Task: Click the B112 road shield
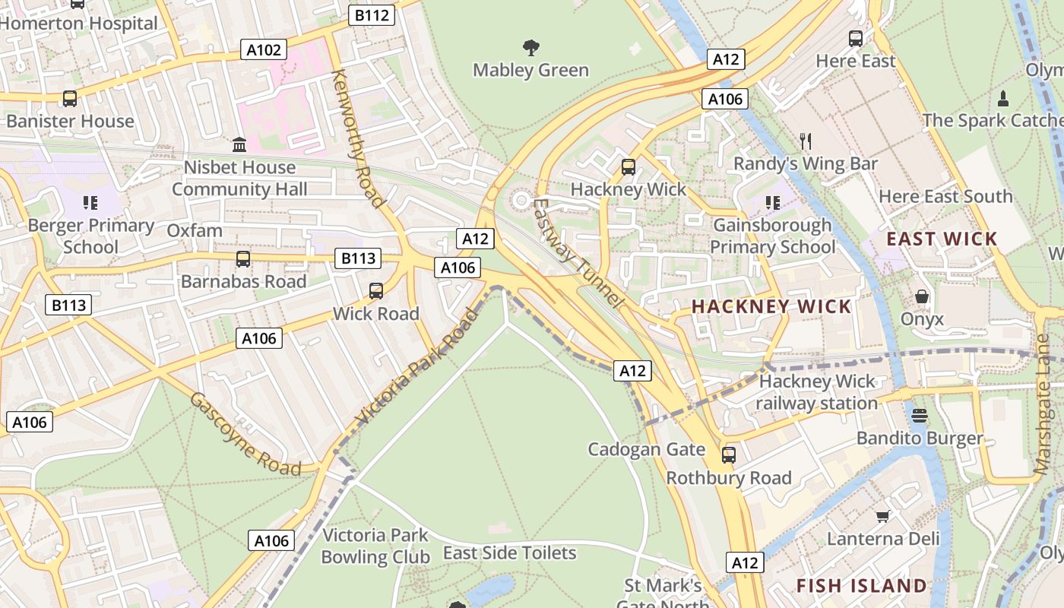pyautogui.click(x=372, y=14)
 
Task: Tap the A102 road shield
pyautogui.click(x=264, y=50)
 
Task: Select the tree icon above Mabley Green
pyautogui.click(x=531, y=48)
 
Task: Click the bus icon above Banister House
pyautogui.click(x=70, y=98)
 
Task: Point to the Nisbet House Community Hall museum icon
pyautogui.click(x=239, y=144)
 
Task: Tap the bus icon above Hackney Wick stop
pyautogui.click(x=628, y=166)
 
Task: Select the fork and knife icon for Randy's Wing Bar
pyautogui.click(x=806, y=141)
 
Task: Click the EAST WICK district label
pyautogui.click(x=942, y=239)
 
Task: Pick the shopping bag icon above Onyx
pyautogui.click(x=922, y=296)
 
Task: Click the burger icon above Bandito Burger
pyautogui.click(x=920, y=416)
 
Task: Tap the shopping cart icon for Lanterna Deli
pyautogui.click(x=882, y=517)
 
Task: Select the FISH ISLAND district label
pyautogui.click(x=861, y=585)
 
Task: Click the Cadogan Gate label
pyautogui.click(x=647, y=449)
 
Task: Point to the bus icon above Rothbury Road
pyautogui.click(x=728, y=455)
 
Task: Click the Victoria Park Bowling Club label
pyautogui.click(x=375, y=546)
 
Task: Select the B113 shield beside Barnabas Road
pyautogui.click(x=358, y=258)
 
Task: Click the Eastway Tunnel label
pyautogui.click(x=578, y=253)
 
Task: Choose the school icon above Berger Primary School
pyautogui.click(x=90, y=203)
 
